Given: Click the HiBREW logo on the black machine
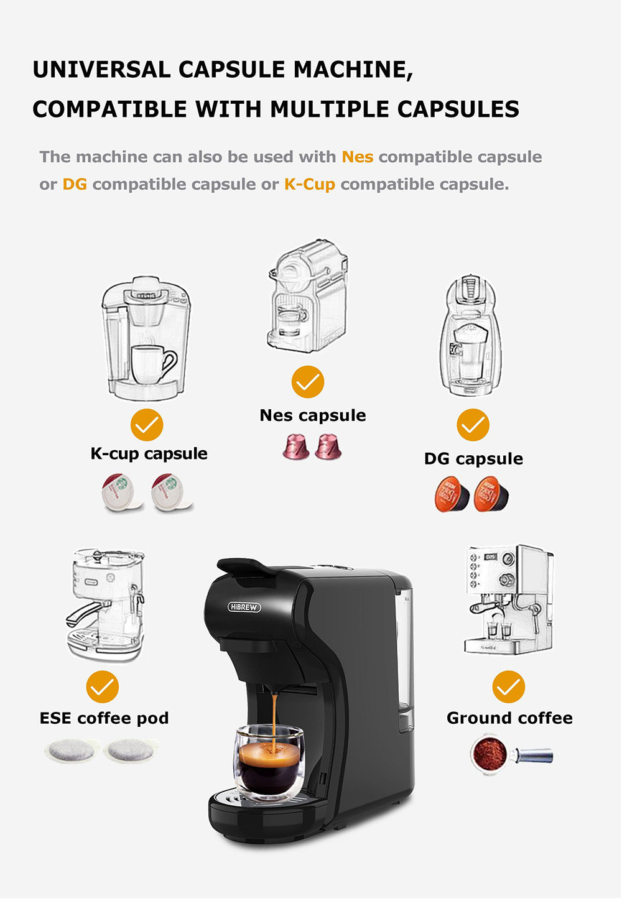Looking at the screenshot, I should [244, 607].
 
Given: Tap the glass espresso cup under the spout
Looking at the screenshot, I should [269, 762].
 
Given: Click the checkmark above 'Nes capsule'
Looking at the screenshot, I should [308, 382].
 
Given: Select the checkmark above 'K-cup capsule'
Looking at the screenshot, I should [147, 425].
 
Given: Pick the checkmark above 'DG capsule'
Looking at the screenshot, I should [473, 425].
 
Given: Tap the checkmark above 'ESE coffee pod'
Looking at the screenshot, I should [103, 687].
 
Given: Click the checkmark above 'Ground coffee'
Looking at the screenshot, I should [509, 687].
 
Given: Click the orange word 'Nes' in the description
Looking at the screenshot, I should [358, 157].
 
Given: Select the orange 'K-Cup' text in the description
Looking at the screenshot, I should [310, 184].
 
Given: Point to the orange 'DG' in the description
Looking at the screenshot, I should [75, 184].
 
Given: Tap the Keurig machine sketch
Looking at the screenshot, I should [146, 339].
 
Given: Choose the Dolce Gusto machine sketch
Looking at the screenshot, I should [471, 336].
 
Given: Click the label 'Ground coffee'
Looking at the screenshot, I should [509, 718].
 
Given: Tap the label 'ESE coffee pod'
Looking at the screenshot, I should [104, 718].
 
